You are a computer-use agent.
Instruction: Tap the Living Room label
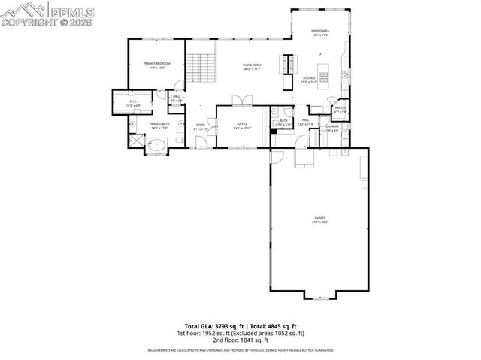tap(251, 66)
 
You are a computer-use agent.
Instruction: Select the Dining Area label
tap(320, 32)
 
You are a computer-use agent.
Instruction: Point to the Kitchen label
tap(308, 79)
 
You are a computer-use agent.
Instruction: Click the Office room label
tap(242, 125)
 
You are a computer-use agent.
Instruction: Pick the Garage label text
tap(319, 219)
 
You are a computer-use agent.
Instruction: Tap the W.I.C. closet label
tap(132, 104)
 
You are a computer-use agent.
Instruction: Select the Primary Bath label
tap(158, 126)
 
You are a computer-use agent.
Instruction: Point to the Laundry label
tap(332, 128)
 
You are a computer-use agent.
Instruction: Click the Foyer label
tap(201, 126)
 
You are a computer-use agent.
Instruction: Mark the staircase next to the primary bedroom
tap(201, 67)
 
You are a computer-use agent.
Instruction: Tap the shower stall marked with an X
tap(135, 139)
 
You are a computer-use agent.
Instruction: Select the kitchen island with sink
tap(325, 72)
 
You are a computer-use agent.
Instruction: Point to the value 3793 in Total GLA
tap(223, 325)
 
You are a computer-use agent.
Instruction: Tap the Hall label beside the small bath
tap(306, 121)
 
